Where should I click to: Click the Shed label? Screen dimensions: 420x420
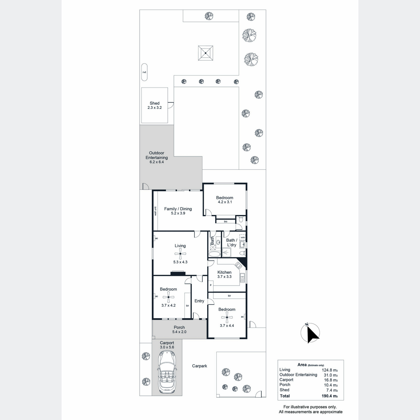click(155, 103)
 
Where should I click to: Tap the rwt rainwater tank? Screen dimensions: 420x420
click(144, 72)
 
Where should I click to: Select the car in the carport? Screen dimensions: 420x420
click(167, 375)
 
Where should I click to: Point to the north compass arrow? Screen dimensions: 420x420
click(312, 334)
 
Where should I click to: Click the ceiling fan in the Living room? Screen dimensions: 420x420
click(180, 254)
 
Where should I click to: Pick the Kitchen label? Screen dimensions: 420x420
click(224, 272)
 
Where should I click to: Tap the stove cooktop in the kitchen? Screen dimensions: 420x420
click(238, 265)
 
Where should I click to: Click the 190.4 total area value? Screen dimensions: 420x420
click(330, 396)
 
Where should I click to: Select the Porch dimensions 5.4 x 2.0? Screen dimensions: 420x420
click(179, 332)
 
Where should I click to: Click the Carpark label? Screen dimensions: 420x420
click(199, 366)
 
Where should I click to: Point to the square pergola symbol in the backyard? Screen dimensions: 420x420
click(205, 53)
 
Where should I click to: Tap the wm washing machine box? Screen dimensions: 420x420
click(243, 237)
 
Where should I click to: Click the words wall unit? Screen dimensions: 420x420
click(156, 211)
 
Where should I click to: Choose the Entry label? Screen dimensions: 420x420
click(199, 301)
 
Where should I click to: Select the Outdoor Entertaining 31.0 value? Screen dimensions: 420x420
click(331, 375)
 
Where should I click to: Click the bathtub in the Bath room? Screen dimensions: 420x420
click(215, 254)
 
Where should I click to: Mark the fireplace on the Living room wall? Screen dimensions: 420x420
click(178, 273)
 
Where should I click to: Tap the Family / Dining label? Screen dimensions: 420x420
click(178, 209)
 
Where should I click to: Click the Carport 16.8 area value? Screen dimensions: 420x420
click(331, 380)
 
